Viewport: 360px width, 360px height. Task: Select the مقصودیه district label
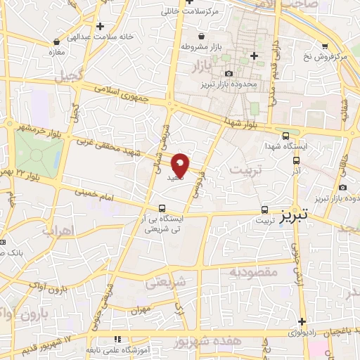[x=252, y=271]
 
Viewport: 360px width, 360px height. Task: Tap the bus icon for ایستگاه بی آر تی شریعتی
[x=162, y=208]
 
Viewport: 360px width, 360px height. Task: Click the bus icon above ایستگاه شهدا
[x=285, y=136]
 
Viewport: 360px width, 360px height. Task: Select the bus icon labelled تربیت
[x=265, y=209]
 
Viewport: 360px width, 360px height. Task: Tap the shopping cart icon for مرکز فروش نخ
[x=324, y=45]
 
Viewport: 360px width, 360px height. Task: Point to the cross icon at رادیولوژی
[x=302, y=321]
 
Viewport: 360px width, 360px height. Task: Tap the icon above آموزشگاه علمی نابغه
[x=117, y=339]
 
